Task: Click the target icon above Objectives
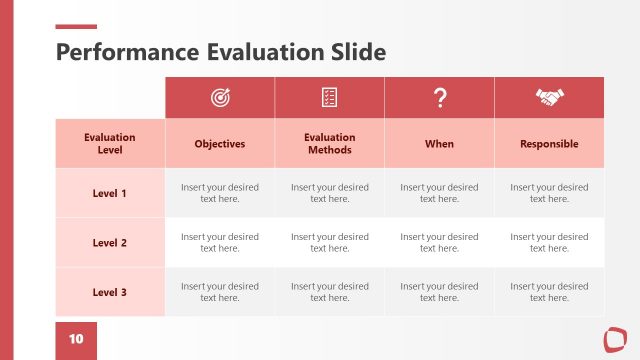[x=219, y=97]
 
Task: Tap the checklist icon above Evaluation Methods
[x=329, y=97]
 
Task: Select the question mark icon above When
[x=439, y=97]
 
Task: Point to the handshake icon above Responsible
[x=549, y=97]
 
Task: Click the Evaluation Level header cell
[x=110, y=143]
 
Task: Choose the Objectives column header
[x=219, y=144]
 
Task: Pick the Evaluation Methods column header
[x=329, y=143]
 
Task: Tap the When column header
[x=439, y=144]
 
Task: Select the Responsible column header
[x=549, y=144]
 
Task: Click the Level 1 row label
[x=110, y=193]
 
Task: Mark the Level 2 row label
[x=110, y=243]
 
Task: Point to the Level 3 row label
[x=110, y=292]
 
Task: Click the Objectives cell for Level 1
[x=219, y=193]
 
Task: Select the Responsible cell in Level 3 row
[x=549, y=292]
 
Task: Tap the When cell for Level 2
[x=439, y=243]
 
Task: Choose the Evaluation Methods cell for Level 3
[x=329, y=292]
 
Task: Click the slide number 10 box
[x=76, y=340]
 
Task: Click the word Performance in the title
[x=127, y=52]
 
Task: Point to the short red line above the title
[x=76, y=27]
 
